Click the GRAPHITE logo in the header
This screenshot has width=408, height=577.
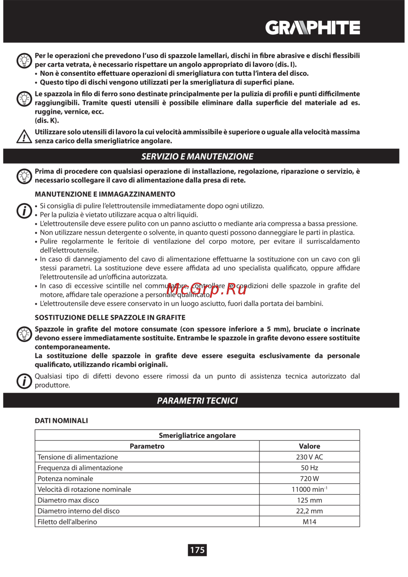pos(313,28)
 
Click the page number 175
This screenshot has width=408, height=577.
pos(197,550)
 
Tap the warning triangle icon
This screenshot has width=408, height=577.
pos(24,137)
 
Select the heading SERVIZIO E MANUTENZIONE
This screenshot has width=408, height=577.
pos(197,156)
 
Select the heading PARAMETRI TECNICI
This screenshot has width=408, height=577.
pos(197,400)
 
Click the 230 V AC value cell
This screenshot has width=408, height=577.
pos(309,457)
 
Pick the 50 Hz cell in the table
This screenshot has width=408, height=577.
pos(309,468)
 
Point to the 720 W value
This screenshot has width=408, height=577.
pos(309,479)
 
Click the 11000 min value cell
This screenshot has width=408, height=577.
pos(309,489)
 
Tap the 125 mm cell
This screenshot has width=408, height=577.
pos(309,500)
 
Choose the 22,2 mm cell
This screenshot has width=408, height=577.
pos(309,511)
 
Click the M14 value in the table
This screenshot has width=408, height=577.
pos(309,522)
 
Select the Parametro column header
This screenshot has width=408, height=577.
pos(147,446)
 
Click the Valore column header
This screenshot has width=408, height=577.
pos(309,446)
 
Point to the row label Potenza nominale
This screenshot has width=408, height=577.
pos(65,479)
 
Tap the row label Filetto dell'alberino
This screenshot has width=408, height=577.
pos(67,522)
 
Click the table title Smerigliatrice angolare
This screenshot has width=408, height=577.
pos(197,436)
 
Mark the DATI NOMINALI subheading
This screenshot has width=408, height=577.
pos(61,420)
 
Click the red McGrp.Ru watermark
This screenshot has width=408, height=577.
pos(206,289)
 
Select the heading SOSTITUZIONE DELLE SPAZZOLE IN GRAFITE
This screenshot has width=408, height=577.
pos(110,317)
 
